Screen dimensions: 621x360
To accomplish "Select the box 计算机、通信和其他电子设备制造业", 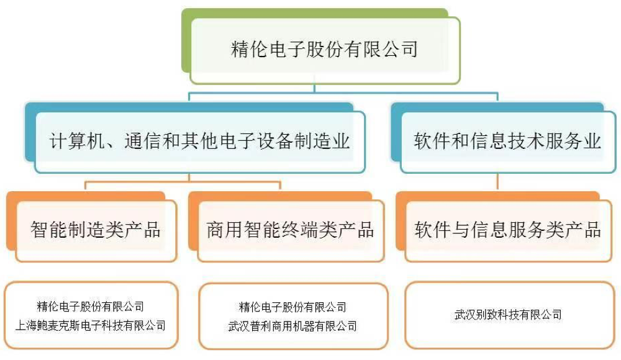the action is (x=199, y=141).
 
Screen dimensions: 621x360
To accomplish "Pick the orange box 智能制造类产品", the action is (x=96, y=230).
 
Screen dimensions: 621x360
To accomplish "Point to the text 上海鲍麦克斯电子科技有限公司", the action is (x=91, y=325).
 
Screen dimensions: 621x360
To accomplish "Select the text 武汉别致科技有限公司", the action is (x=508, y=315).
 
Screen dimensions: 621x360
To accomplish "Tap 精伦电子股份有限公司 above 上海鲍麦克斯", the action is (x=91, y=306).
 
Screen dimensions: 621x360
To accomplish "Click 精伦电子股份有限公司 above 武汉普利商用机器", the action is (x=292, y=307).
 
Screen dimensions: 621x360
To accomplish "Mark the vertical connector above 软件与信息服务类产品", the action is (x=498, y=181).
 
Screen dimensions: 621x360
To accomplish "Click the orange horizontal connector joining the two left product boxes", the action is (x=183, y=182).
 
